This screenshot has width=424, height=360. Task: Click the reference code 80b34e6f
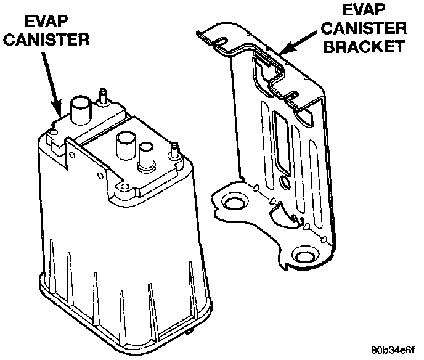pos(393,350)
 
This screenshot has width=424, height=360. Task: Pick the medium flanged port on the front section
pos(147,156)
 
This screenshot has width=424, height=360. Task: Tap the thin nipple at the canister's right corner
pos(175,150)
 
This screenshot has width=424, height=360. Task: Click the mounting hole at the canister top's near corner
pos(124,187)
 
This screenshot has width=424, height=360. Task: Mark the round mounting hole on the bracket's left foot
pos(234,203)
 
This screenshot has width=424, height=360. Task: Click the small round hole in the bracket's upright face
pos(285,182)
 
